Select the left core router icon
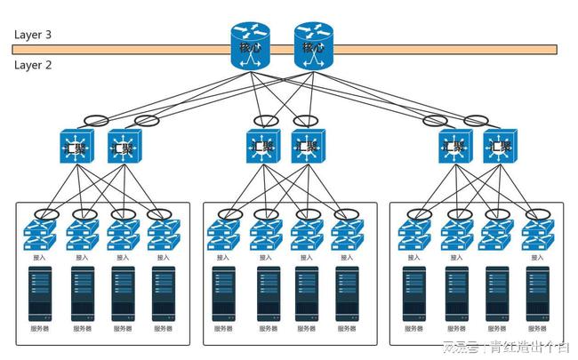click(248, 46)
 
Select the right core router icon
click(312, 46)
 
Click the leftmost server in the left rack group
click(41, 292)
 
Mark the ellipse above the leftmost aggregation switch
click(95, 120)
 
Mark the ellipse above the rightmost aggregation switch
click(477, 120)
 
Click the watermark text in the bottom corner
click(507, 347)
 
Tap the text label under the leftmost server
click(41, 328)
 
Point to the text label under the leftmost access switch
click(40, 257)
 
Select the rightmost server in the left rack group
click(164, 292)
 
